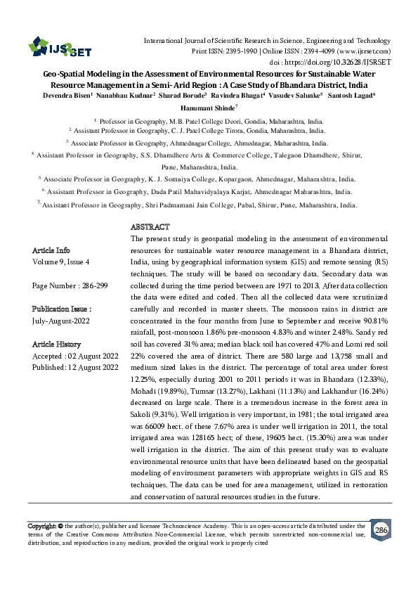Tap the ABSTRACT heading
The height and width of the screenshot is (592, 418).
(150, 228)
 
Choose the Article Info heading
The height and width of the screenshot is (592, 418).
(51, 250)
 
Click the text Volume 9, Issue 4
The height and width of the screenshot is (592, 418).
(61, 262)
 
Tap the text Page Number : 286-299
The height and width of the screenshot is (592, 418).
(67, 286)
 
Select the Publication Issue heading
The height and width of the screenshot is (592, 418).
(62, 309)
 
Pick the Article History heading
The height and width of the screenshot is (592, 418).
(57, 345)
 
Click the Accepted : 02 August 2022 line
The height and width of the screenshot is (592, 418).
(76, 356)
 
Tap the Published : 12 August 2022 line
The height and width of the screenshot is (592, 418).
(76, 368)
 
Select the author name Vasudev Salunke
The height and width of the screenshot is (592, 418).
(294, 94)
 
